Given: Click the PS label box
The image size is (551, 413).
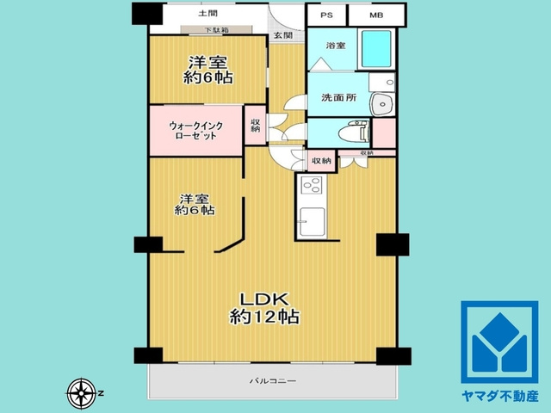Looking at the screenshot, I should coord(326,15).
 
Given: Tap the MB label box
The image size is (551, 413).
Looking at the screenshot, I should coord(376,15).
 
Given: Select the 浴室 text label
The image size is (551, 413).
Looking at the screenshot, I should coord(336,45).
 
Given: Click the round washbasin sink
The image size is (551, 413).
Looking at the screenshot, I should coord(381,103).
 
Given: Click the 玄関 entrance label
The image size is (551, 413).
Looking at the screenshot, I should coord(283,35).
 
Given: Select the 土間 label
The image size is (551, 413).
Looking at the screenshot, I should coord(207,14).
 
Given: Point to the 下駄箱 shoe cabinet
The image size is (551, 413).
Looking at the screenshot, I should coord(216,31).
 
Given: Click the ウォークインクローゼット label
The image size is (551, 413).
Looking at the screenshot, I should coord(195,131).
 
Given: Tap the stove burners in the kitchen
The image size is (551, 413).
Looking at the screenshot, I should coord(310,186).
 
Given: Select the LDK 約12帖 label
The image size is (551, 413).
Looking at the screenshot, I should coord(264,308).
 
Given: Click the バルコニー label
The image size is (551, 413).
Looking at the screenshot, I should coord(272,379).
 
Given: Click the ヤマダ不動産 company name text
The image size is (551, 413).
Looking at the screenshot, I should coord(499,396).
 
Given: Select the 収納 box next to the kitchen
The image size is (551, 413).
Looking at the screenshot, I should coord(321,160).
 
